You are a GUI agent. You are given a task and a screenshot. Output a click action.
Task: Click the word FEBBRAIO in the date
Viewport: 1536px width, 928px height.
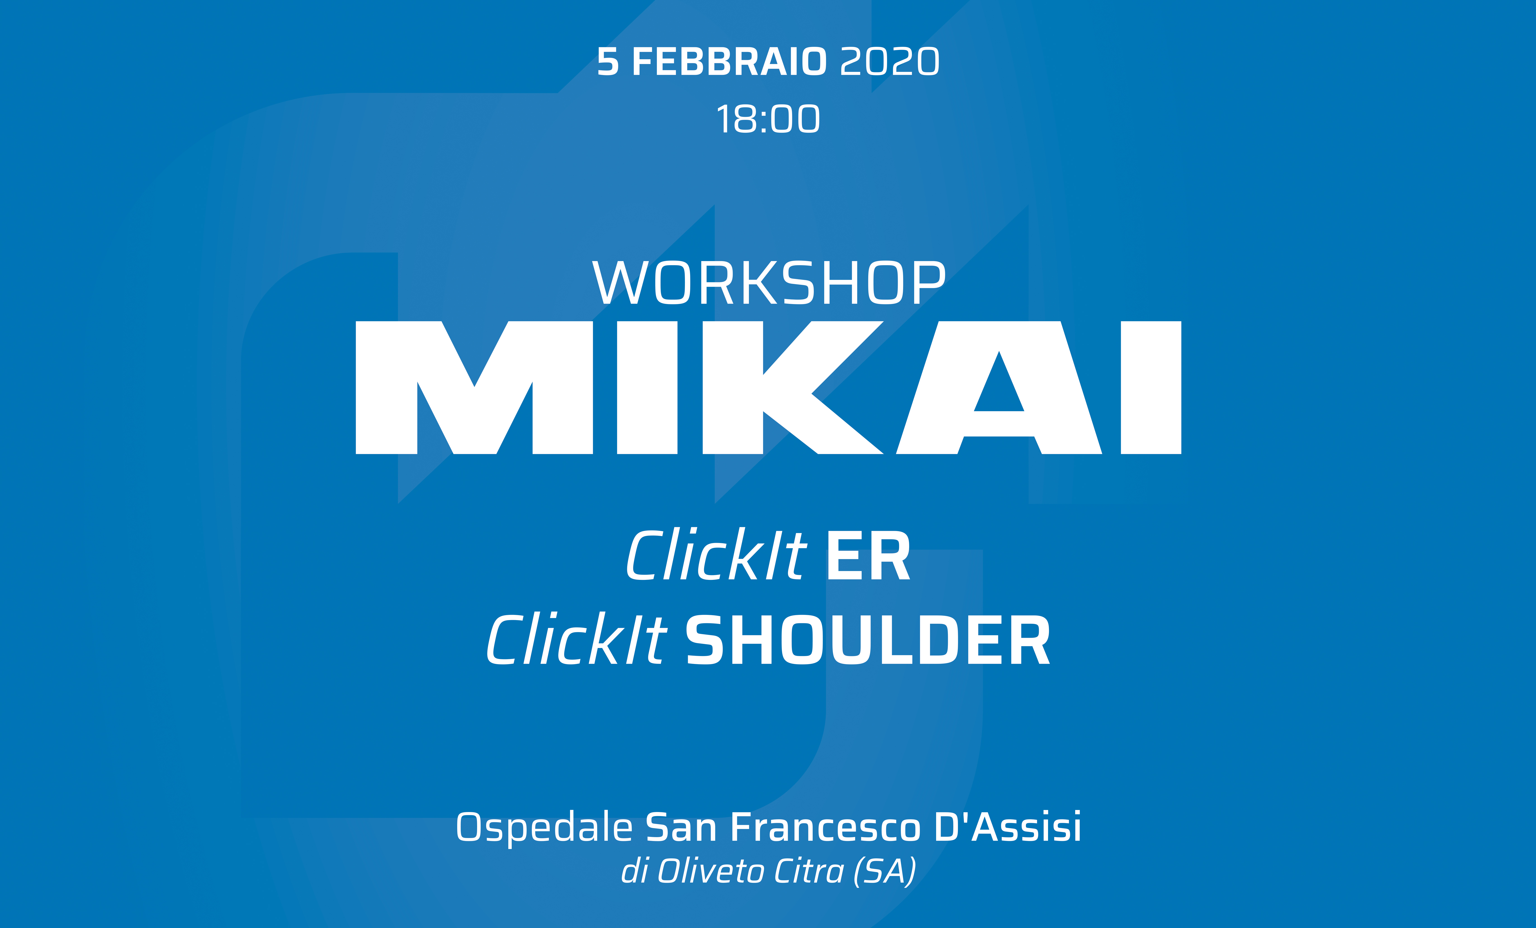click(729, 62)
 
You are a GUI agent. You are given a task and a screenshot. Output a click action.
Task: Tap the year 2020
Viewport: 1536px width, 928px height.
click(890, 62)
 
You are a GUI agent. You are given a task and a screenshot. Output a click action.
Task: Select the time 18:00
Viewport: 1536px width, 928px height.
click(768, 119)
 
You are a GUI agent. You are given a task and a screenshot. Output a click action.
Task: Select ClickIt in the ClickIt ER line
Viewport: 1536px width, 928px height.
click(717, 554)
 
